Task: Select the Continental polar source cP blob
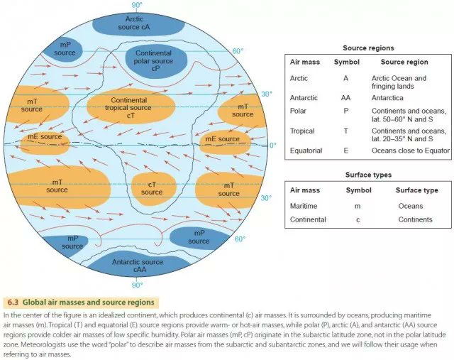(x=153, y=62)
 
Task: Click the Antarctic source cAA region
(x=138, y=266)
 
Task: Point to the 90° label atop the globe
(x=135, y=5)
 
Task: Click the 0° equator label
(x=272, y=145)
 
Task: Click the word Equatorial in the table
(x=306, y=151)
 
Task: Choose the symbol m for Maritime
(x=358, y=206)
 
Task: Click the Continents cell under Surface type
(x=415, y=219)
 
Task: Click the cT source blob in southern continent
(x=152, y=187)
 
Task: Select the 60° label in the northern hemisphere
(x=238, y=51)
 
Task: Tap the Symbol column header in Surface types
(x=358, y=190)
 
